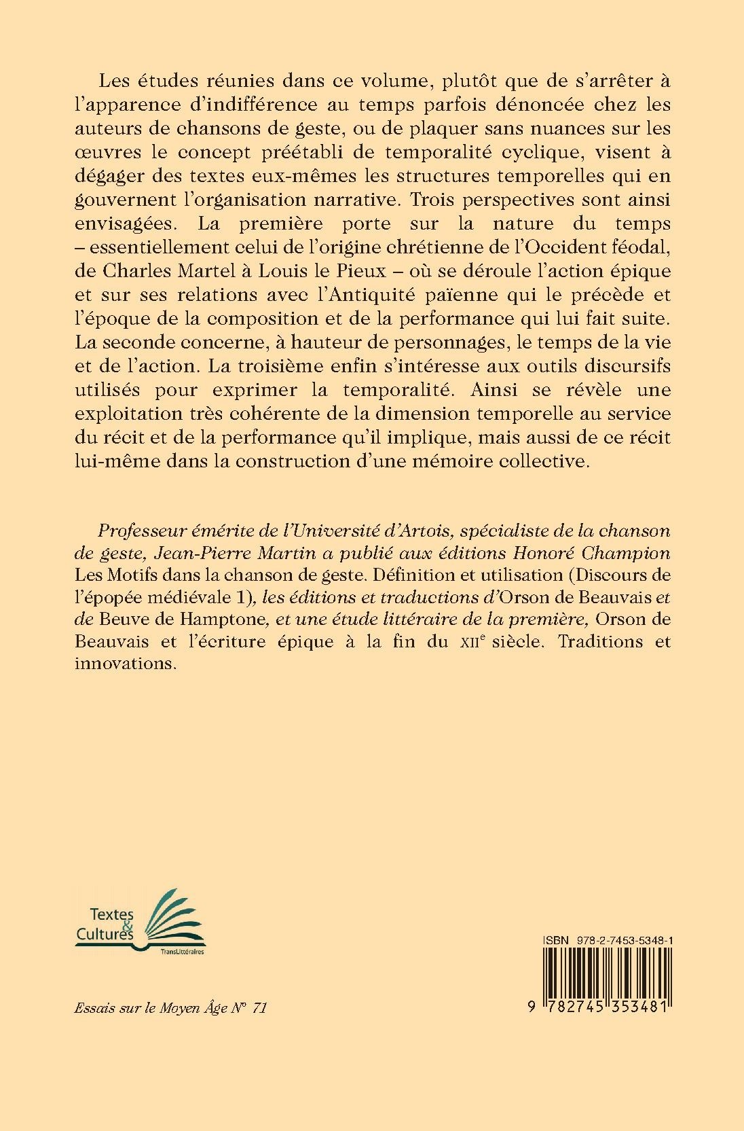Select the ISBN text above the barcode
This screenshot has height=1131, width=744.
click(x=607, y=939)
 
